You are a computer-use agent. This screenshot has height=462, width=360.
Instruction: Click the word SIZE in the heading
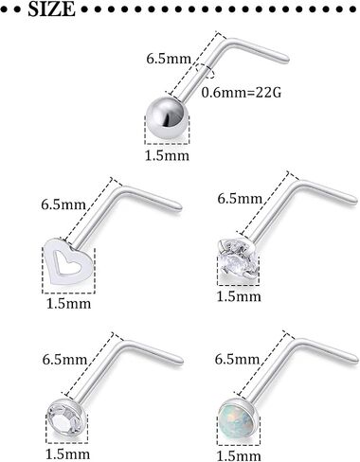point(52,9)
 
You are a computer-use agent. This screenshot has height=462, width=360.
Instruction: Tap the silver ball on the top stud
point(167,117)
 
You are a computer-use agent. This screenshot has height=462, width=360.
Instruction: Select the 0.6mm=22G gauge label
point(242,93)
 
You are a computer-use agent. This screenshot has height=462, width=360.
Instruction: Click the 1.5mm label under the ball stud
point(167,155)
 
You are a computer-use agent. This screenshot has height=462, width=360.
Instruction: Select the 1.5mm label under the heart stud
point(68,304)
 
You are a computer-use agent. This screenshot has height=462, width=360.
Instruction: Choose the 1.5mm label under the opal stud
point(239,455)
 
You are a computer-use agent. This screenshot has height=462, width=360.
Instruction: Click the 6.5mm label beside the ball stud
point(169,59)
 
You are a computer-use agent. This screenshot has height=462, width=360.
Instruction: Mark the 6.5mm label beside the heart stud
point(63,204)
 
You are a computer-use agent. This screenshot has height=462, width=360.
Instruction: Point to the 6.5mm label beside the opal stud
point(238,359)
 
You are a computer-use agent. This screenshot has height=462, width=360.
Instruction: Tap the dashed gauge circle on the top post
point(205,70)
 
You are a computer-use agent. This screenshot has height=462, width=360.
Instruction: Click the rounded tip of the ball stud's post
point(287,59)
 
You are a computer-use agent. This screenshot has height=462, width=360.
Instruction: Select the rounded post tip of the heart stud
point(179,206)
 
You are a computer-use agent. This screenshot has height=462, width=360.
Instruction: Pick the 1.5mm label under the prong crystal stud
point(239,296)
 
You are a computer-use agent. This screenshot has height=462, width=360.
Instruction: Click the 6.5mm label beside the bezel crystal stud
point(64,360)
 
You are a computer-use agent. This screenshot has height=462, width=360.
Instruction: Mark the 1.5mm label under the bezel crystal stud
point(68,454)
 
